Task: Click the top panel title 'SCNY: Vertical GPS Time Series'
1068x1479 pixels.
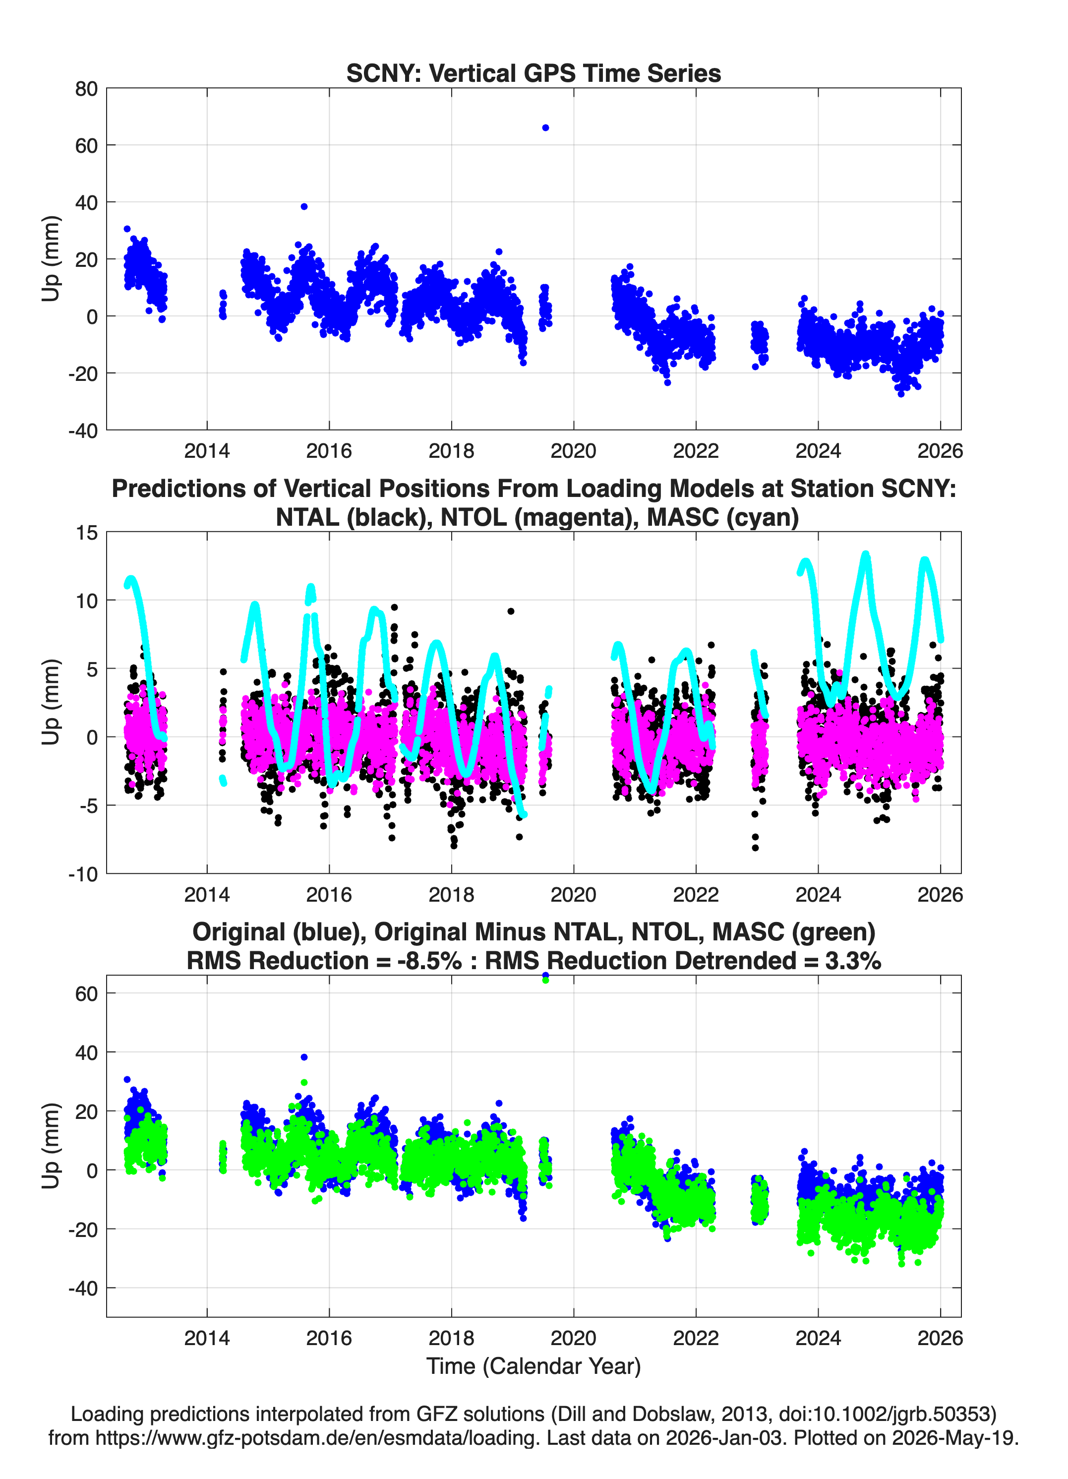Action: pos(534,73)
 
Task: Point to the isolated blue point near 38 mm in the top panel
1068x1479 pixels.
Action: pos(304,207)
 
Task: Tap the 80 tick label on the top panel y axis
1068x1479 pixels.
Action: pos(87,89)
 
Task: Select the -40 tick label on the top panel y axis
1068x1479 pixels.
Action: pos(83,431)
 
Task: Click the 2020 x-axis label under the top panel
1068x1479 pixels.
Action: pos(573,451)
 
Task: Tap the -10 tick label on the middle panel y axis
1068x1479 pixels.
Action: pos(83,874)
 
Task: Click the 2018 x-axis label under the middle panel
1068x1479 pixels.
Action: pos(451,895)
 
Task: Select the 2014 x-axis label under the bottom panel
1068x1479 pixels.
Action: pos(207,1338)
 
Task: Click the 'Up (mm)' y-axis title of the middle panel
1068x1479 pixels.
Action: pos(51,702)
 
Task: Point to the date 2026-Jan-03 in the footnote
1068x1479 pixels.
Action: pos(723,1437)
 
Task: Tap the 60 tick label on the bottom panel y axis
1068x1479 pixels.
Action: pos(87,994)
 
